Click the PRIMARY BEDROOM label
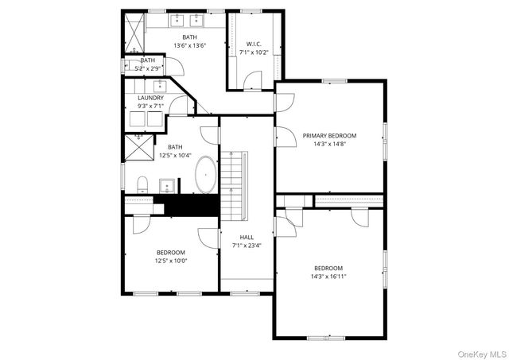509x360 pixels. [x=329, y=136]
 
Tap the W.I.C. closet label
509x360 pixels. [x=254, y=44]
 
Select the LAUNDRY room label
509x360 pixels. [x=150, y=98]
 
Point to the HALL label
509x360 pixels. [x=247, y=237]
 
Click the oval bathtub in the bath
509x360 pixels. [x=206, y=174]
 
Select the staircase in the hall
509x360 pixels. [x=232, y=187]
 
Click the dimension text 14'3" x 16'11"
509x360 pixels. [x=328, y=277]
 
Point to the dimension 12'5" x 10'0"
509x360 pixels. [x=170, y=261]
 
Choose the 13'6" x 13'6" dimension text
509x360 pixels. [x=189, y=46]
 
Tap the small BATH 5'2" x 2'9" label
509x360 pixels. [x=148, y=60]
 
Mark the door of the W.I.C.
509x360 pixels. [x=253, y=79]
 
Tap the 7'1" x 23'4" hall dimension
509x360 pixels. [x=247, y=246]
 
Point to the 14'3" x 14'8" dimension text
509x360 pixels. [x=329, y=145]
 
